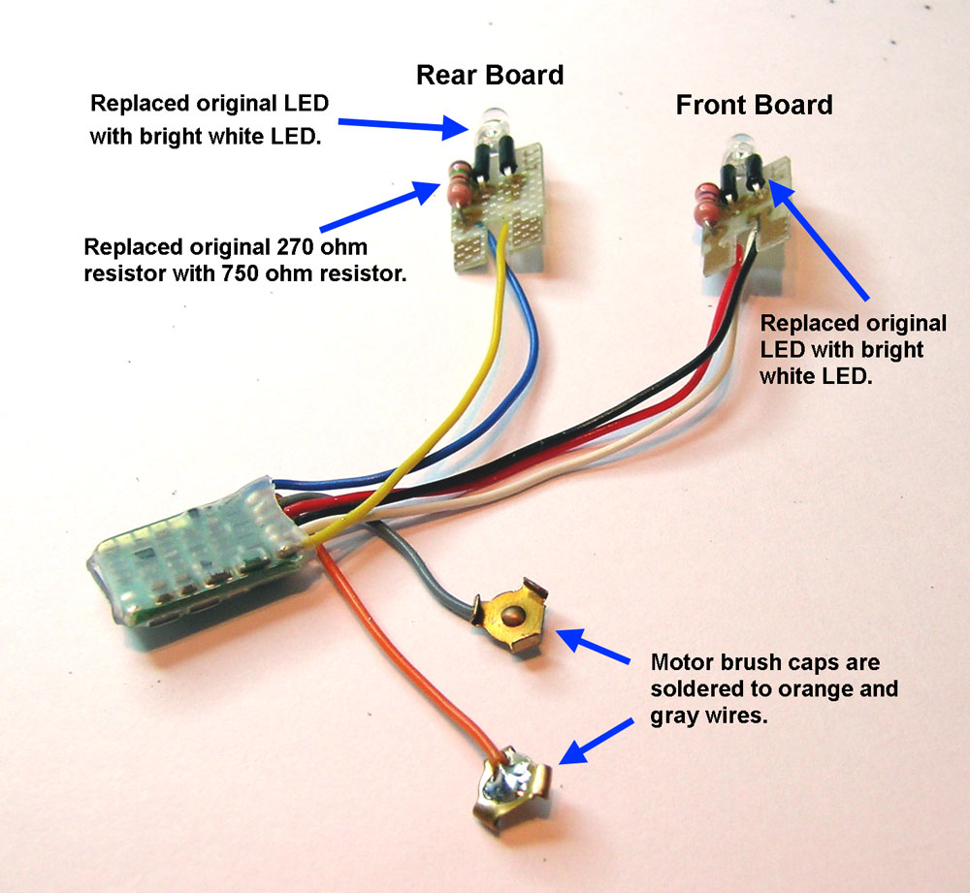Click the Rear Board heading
click(x=489, y=76)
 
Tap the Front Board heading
click(x=754, y=105)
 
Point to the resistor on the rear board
click(x=457, y=183)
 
